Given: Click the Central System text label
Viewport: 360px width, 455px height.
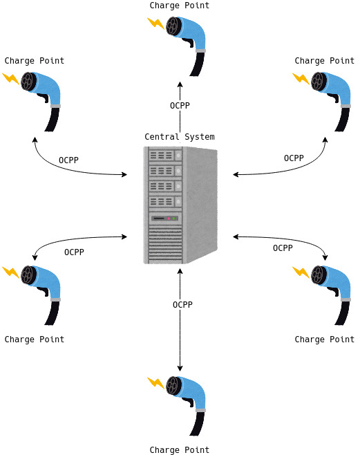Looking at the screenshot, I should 180,137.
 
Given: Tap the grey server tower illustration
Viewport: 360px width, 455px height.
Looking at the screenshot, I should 180,205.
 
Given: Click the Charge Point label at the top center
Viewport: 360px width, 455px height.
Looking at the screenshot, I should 180,6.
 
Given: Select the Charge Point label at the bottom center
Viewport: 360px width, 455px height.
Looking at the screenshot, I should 180,450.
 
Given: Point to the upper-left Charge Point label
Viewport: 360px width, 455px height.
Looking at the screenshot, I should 35,61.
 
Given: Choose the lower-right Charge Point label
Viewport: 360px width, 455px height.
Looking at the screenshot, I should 325,340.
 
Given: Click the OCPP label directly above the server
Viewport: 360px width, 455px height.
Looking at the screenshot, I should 180,106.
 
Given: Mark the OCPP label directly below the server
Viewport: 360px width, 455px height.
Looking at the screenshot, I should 182,305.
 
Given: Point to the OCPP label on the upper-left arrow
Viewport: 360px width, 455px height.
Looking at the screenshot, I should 68,160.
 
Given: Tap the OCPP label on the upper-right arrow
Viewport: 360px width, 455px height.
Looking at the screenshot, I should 294,158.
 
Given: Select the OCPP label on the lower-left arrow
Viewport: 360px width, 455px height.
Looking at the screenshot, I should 74,252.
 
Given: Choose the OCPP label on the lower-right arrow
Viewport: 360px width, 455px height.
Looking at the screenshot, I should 283,248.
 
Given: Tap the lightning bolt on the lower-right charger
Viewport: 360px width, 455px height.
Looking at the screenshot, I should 301,272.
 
